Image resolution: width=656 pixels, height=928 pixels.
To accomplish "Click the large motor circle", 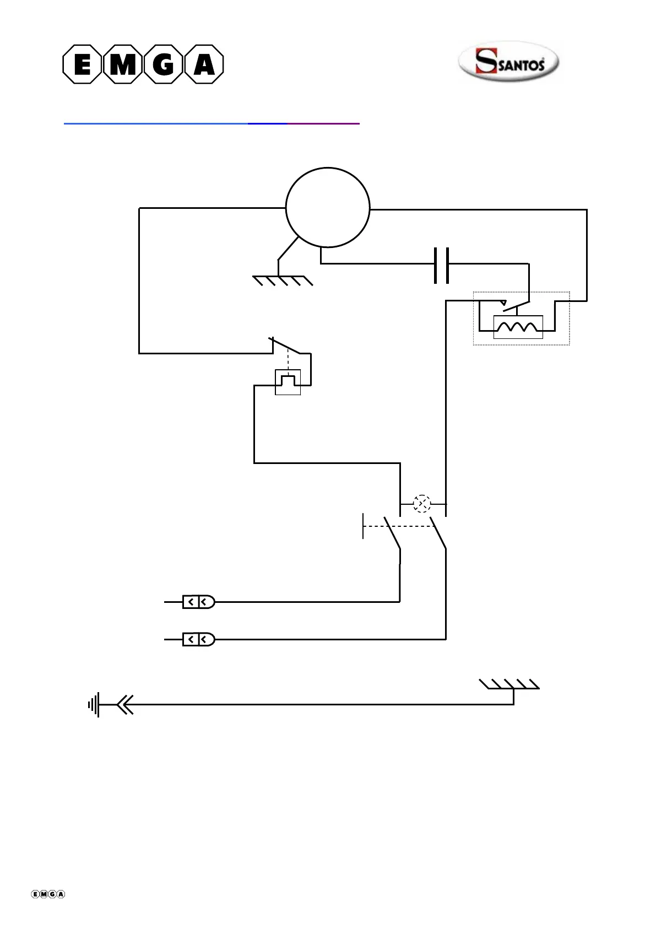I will coord(328,208).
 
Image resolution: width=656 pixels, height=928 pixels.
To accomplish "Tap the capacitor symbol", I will coord(441,265).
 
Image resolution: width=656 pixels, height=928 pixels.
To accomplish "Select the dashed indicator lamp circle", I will coord(422,504).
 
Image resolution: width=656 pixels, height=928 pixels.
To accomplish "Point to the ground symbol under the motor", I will coord(283,280).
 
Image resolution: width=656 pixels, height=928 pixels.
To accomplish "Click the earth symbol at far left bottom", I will coord(94,704).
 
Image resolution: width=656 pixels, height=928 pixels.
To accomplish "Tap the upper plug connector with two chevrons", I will coord(198,602).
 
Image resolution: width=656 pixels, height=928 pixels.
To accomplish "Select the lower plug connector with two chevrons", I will coord(198,639).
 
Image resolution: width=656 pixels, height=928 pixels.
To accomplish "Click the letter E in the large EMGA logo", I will coord(83,65).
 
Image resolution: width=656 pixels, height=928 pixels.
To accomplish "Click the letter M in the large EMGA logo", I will coord(123,65).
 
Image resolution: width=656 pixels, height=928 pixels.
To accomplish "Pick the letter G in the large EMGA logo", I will coord(164,65).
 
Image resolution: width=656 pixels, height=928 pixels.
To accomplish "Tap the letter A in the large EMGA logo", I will coord(204,65).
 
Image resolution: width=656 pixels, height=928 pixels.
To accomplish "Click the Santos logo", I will coord(508,62).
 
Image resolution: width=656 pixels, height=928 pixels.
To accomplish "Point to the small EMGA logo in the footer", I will coord(48,894).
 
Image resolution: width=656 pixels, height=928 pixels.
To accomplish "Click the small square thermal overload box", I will coord(288,382).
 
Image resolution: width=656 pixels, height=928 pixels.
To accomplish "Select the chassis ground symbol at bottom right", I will coord(510,685).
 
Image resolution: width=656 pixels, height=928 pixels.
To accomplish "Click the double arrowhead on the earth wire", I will coord(125,704).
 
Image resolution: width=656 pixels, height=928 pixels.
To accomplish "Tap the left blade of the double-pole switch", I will coord(392,532).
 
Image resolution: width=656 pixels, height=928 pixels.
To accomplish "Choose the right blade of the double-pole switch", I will coord(438,532).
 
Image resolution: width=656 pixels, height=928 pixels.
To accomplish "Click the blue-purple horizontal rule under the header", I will coord(212,124).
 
